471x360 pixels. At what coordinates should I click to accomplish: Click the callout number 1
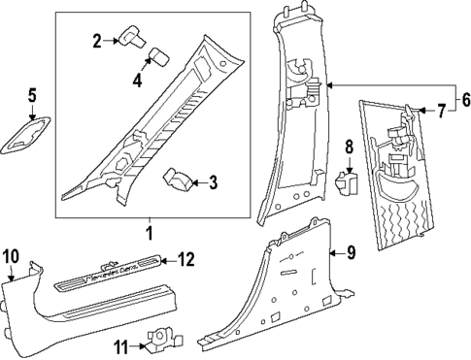pos(149,234)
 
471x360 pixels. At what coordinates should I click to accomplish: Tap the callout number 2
pos(97,40)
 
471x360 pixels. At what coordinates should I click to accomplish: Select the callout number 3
pos(213,181)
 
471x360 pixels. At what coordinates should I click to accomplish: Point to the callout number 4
pos(137,82)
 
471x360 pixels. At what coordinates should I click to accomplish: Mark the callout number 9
pos(351,254)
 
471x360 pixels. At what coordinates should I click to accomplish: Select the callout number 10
pos(11,255)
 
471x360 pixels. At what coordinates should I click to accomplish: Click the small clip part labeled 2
pos(129,38)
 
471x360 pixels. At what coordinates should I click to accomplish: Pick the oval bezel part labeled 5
pos(30,135)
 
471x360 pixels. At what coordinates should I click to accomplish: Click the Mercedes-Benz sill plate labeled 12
pos(107,278)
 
